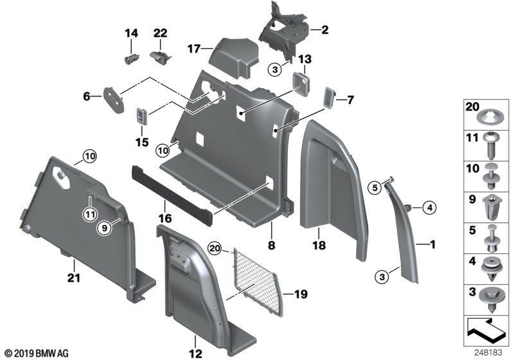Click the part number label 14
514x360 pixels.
coord(131,33)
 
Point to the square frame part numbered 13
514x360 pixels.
coord(300,84)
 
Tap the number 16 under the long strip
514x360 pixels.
coord(165,219)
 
